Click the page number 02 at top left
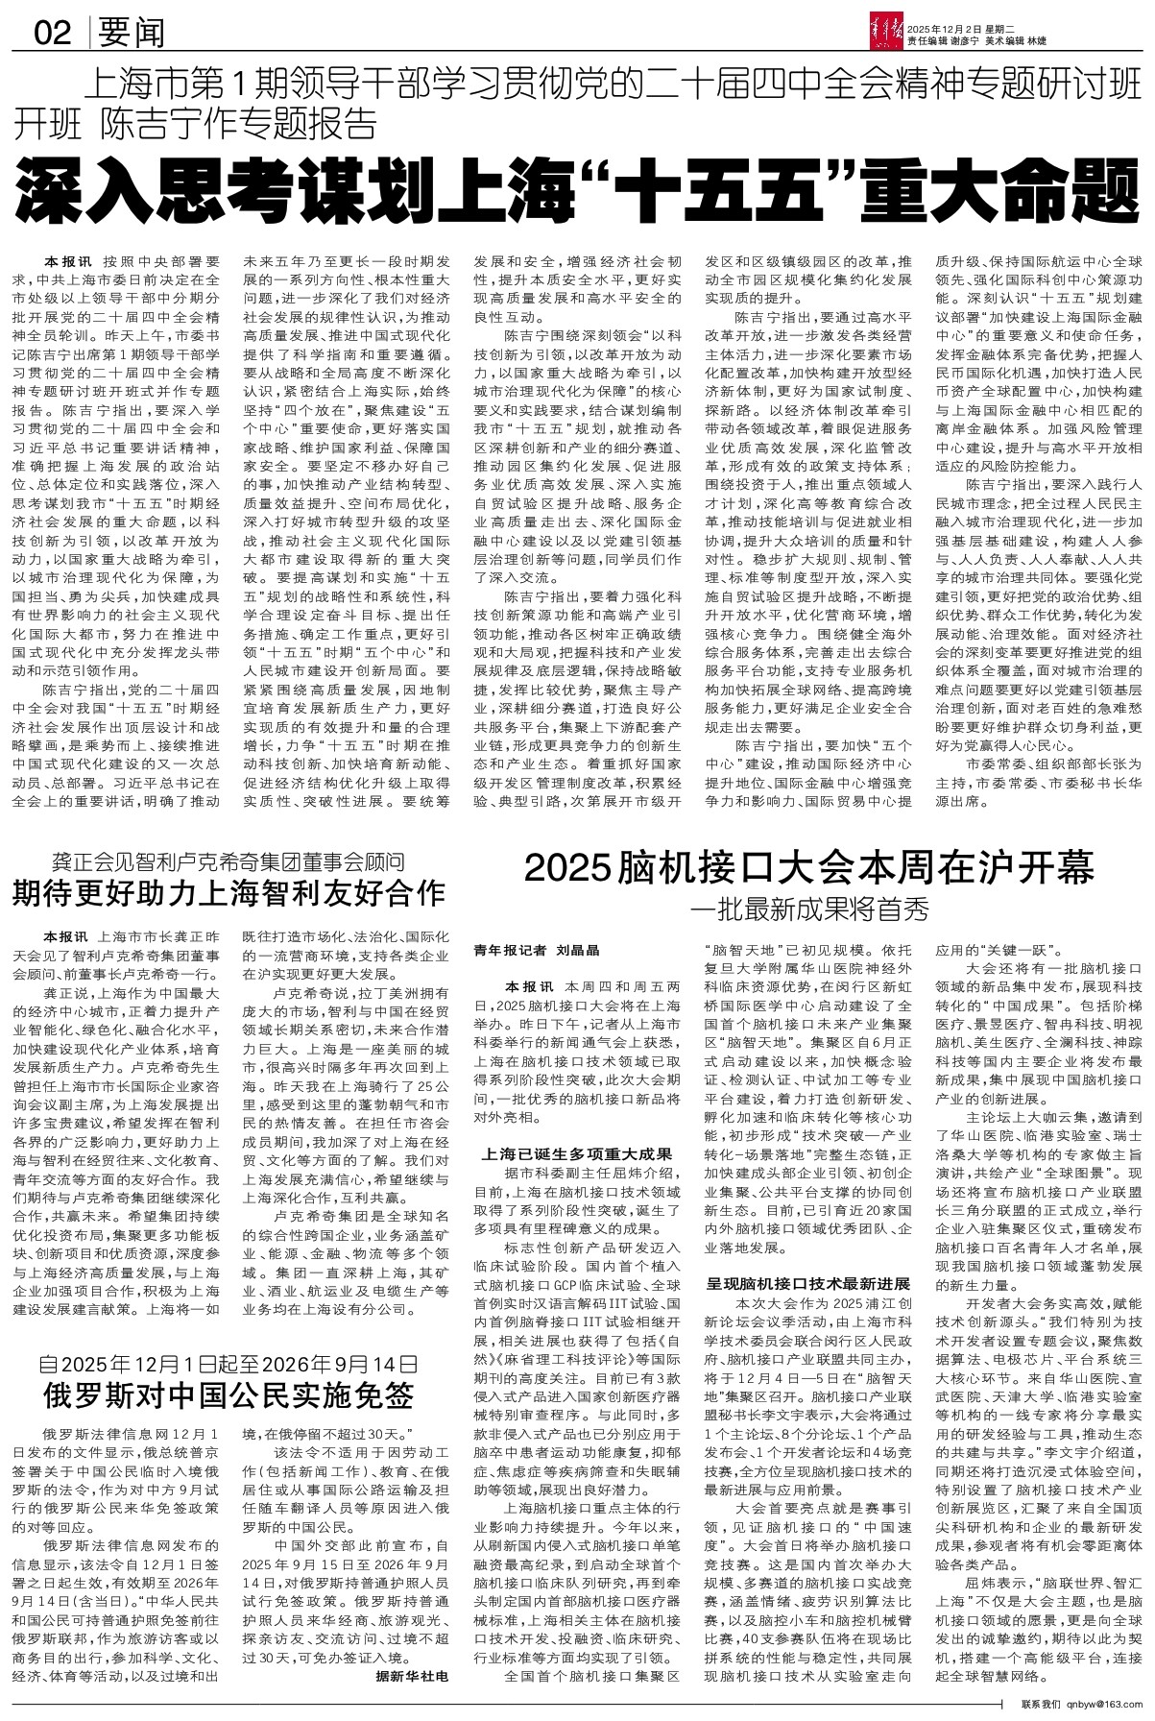(52, 35)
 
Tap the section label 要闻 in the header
(131, 35)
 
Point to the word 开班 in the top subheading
(47, 123)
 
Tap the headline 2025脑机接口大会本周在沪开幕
(808, 869)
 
